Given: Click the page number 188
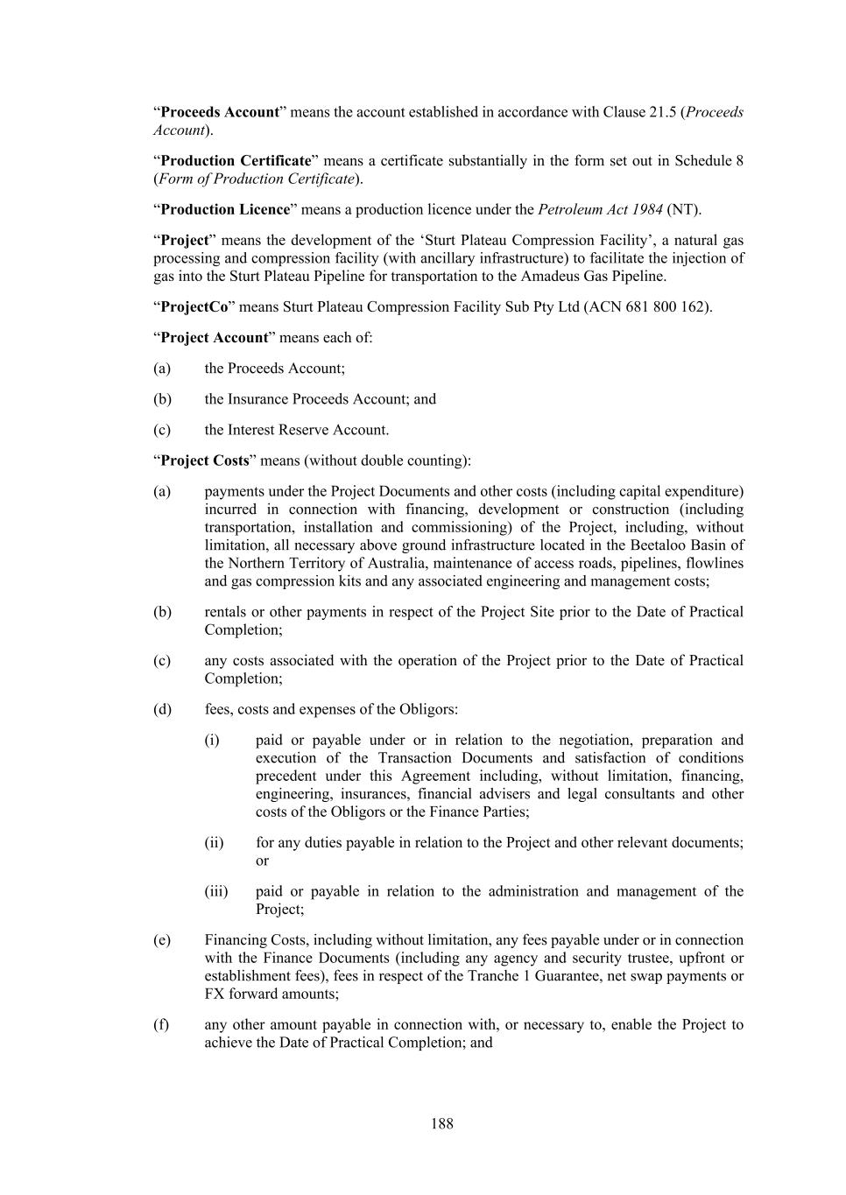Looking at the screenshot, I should pos(441,1123).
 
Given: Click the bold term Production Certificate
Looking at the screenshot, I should pos(236,161).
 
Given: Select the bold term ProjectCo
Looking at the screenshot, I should pos(194,307).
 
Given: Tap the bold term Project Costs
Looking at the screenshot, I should pos(205,460).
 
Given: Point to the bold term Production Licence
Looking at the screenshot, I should pos(225,209).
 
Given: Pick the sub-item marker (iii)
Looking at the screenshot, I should pos(216,891).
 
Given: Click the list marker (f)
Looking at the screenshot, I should pos(162,1024).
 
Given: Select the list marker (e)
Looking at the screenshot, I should pos(162,939).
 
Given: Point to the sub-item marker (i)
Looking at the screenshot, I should pos(212,740).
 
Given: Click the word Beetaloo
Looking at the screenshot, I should pos(659,545).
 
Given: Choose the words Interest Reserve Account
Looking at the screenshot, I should pos(307,430).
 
